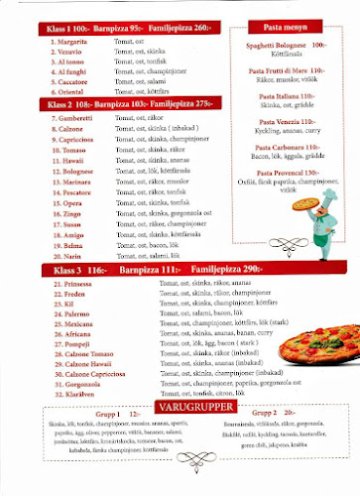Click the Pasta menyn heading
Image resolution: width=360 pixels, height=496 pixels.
285,31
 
